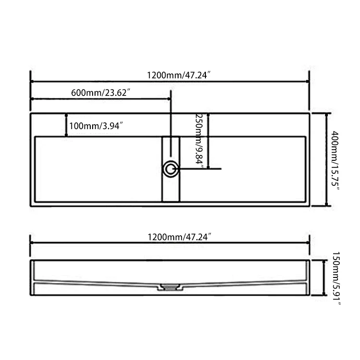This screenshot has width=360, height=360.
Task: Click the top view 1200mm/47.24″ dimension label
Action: point(179,75)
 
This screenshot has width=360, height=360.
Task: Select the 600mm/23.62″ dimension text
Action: point(101,93)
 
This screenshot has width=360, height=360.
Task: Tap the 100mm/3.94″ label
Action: point(96,126)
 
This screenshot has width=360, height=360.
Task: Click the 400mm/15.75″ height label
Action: point(335,160)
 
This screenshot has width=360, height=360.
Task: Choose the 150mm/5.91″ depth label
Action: point(336,278)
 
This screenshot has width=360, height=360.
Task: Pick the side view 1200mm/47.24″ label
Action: point(179,237)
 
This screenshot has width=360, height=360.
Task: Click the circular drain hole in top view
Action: point(170,169)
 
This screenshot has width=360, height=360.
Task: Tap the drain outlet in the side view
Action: point(170,287)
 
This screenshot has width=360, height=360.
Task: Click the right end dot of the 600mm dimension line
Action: point(169,99)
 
